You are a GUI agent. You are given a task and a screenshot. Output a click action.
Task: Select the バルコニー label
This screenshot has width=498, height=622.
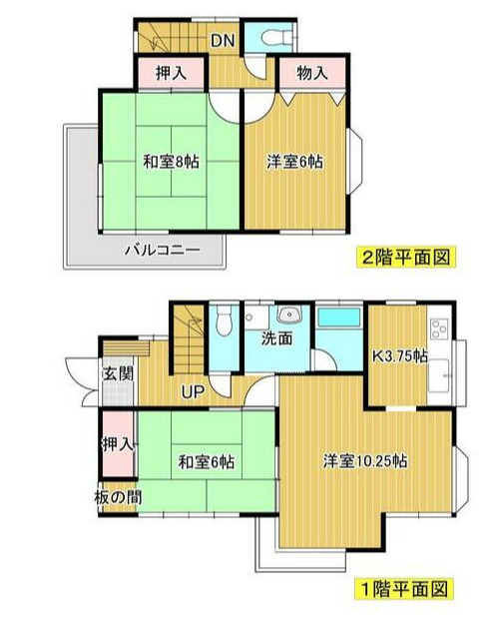pos(162,250)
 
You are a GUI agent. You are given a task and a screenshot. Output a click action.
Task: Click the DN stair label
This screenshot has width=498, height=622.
pos(222,41)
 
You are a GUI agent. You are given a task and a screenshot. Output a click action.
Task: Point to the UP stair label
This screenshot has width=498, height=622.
pos(193,390)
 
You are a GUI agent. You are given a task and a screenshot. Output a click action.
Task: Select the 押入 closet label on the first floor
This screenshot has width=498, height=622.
pos(118,443)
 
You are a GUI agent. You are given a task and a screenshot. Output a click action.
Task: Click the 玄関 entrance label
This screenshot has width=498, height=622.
pos(116,375)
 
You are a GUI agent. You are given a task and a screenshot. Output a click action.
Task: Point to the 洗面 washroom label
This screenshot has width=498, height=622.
pos(276,337)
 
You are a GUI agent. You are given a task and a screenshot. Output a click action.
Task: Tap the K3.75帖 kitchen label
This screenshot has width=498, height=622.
pos(400,355)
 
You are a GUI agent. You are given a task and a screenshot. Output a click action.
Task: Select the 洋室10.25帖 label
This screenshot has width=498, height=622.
pos(364,461)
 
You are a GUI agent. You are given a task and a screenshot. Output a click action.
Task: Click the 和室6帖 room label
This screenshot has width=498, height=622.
pos(208,461)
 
